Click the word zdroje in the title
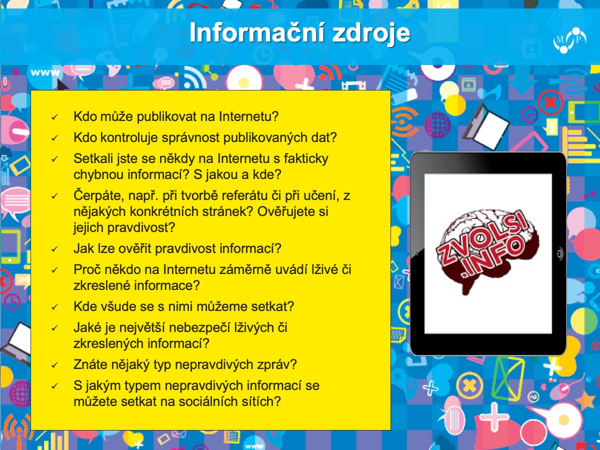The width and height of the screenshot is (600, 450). (x=371, y=34)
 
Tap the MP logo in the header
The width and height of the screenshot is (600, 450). (x=569, y=40)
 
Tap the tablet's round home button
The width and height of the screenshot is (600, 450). (x=559, y=254)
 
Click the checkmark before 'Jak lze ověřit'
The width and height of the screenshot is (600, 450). (x=54, y=249)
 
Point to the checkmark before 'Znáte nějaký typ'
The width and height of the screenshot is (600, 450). (x=54, y=365)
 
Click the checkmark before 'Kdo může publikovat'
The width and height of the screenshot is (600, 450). (x=54, y=117)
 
